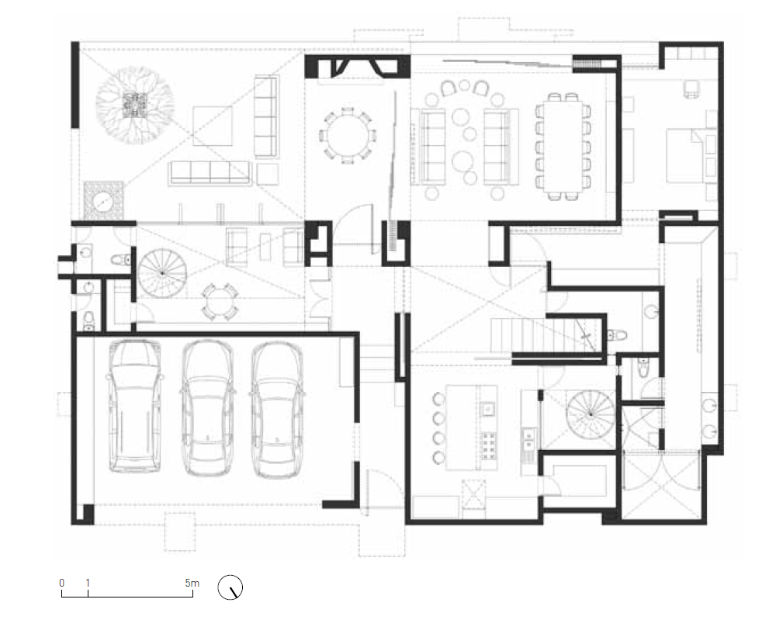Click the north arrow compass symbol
pyautogui.click(x=230, y=587)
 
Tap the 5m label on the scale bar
pyautogui.click(x=192, y=583)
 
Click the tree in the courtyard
pyautogui.click(x=134, y=106)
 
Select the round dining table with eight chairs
pyautogui.click(x=348, y=135)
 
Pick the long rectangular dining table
pyautogui.click(x=563, y=147)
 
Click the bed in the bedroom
pyautogui.click(x=691, y=155)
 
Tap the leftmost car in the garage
pyautogui.click(x=134, y=406)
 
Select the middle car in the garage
pyautogui.click(x=207, y=407)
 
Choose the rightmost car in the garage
pyautogui.click(x=277, y=410)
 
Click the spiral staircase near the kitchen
pyautogui.click(x=591, y=414)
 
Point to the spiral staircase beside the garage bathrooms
pyautogui.click(x=162, y=272)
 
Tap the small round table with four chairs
pyautogui.click(x=220, y=301)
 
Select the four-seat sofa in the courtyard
pyautogui.click(x=210, y=173)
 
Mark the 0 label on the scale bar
pyautogui.click(x=62, y=583)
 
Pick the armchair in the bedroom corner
pyautogui.click(x=691, y=89)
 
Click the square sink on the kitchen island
pyautogui.click(x=487, y=409)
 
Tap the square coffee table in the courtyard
pyautogui.click(x=213, y=126)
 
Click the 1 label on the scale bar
pyautogui.click(x=88, y=583)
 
